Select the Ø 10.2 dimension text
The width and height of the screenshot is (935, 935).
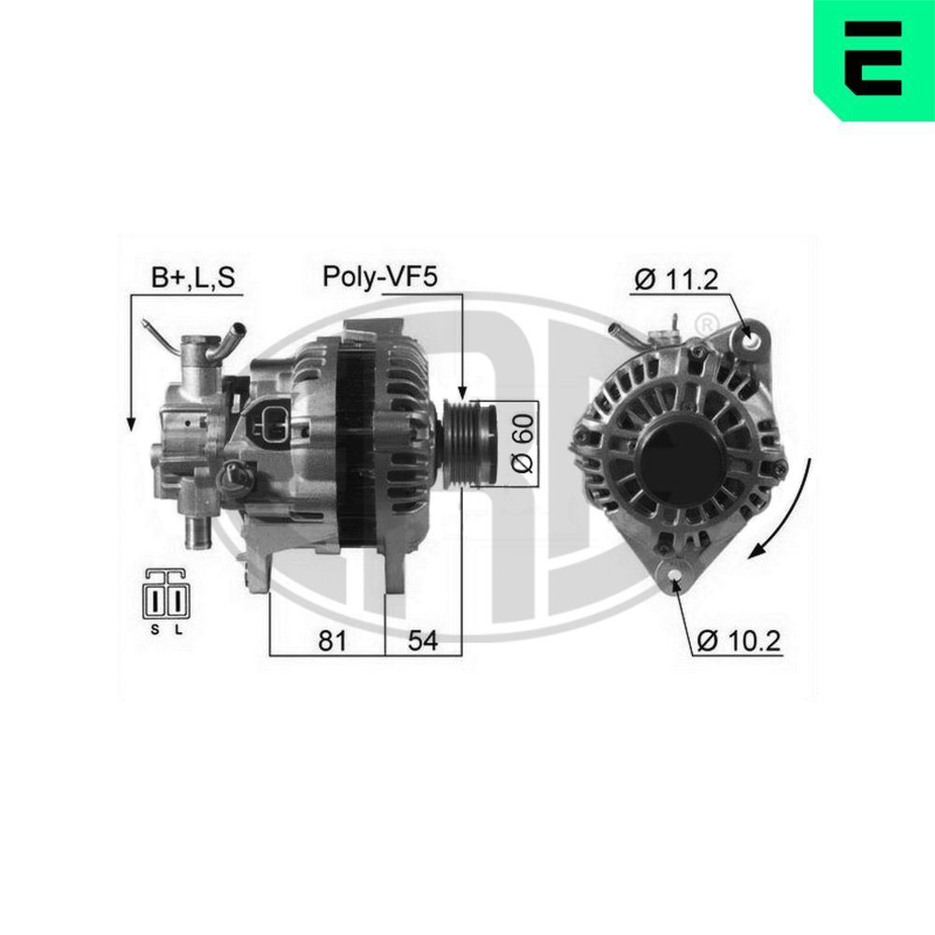click(739, 640)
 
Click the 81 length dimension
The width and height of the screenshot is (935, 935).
click(332, 640)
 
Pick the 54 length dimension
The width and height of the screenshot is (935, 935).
click(422, 640)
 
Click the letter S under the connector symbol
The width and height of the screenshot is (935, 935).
click(155, 629)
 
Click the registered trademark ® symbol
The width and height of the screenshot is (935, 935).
click(708, 324)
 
